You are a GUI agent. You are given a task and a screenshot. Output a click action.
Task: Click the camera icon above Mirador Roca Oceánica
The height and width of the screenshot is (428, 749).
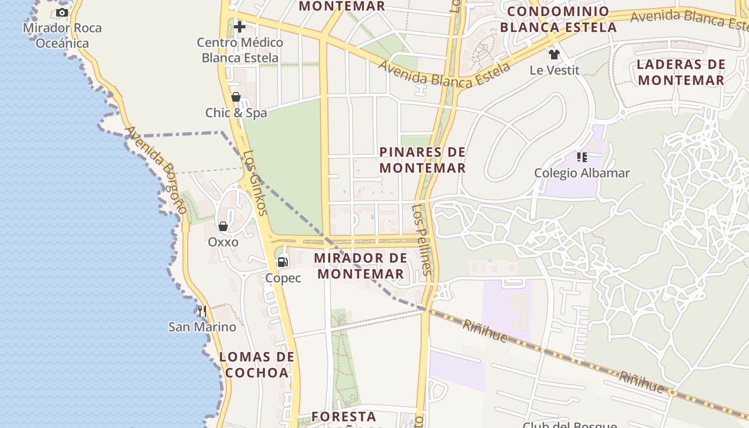point(62,12)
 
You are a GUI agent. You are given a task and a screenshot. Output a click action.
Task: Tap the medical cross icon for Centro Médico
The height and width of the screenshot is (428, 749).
point(239,26)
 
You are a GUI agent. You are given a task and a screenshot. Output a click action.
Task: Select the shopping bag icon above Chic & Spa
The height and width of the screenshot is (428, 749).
point(235,97)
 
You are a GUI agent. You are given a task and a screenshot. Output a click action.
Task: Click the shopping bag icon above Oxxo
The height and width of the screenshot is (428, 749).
point(223,226)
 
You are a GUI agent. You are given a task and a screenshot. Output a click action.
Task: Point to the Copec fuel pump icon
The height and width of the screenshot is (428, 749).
point(282,262)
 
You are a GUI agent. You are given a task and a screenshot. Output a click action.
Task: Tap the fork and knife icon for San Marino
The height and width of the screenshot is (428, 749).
point(202,311)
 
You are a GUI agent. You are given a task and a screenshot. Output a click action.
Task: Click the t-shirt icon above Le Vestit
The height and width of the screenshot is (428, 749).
point(554,54)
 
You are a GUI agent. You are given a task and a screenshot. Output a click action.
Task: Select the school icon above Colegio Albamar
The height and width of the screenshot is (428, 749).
point(582,157)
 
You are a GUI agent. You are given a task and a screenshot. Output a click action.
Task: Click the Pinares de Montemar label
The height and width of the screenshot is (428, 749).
point(423,160)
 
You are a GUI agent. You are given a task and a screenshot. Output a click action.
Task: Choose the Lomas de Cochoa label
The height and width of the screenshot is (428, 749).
point(257,364)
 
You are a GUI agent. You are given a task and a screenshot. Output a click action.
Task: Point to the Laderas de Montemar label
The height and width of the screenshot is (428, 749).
point(681,72)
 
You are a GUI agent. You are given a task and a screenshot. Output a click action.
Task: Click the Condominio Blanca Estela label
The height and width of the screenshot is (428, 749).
point(558,19)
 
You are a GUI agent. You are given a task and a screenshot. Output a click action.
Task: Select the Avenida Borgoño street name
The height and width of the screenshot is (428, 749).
point(156,170)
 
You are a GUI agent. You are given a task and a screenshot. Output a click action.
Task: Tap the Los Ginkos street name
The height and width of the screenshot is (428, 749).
point(255,182)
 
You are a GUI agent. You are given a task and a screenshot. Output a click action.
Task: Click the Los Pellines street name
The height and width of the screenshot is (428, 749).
point(422,239)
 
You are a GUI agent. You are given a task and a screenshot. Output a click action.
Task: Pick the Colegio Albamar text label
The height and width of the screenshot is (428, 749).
point(582,173)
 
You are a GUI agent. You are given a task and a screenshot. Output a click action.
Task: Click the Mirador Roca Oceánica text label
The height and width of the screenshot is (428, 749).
point(62,35)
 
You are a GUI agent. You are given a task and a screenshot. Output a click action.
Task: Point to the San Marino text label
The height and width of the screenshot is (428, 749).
point(202,327)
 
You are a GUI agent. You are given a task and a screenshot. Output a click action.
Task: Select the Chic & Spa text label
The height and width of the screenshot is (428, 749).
point(236,113)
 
